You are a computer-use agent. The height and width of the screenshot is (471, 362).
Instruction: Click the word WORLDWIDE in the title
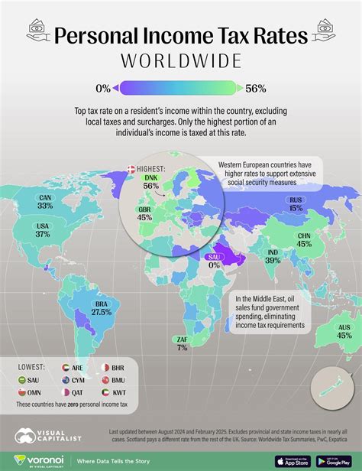click(180, 60)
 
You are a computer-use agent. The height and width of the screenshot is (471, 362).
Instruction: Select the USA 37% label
click(42, 229)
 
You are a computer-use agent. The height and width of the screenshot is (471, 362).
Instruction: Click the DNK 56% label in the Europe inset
click(151, 181)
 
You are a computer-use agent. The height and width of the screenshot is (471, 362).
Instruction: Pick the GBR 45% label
click(144, 213)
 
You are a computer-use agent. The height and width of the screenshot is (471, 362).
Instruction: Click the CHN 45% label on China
click(303, 240)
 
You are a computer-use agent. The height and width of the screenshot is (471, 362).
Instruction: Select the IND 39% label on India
click(273, 256)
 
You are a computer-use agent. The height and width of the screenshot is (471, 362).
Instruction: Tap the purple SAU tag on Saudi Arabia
click(213, 257)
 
